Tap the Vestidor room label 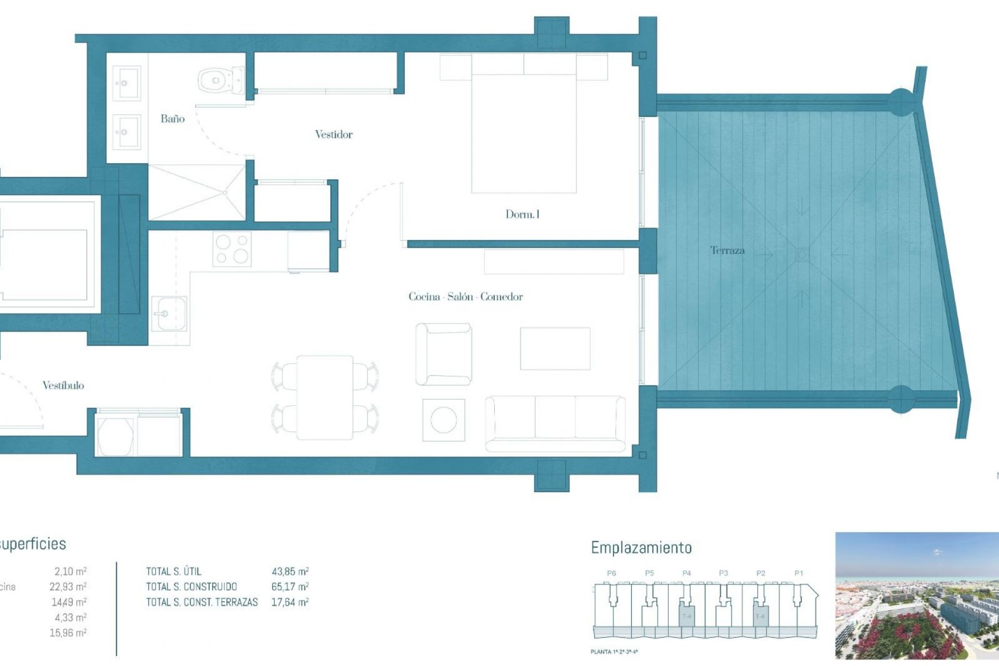[x=334, y=134]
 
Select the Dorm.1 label [x=522, y=214]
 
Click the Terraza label [x=727, y=250]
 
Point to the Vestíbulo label [x=63, y=386]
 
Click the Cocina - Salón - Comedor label [x=465, y=297]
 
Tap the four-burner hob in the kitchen [x=232, y=249]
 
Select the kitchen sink [x=169, y=314]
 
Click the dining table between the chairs [x=325, y=398]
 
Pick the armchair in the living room [x=443, y=354]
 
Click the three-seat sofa [x=555, y=423]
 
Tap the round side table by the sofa [x=443, y=420]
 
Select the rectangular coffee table [x=555, y=349]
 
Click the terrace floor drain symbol [x=802, y=254]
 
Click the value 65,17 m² [x=290, y=586]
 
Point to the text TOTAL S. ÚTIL [x=173, y=571]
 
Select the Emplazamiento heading [x=641, y=548]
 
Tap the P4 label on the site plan [x=686, y=573]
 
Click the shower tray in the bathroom [x=197, y=193]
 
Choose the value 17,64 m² [x=290, y=602]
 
